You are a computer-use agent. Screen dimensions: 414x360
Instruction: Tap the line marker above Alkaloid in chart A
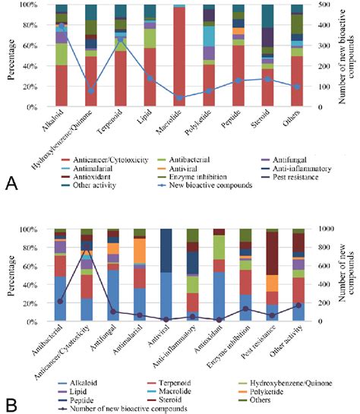point(61,27)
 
